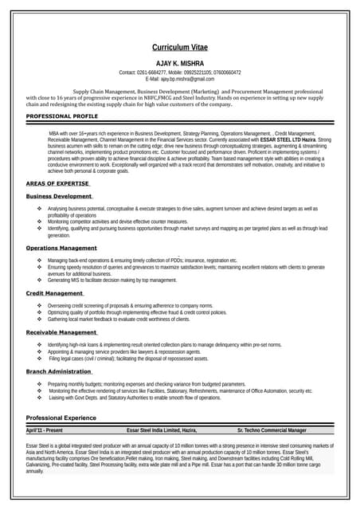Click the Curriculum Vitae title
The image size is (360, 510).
point(179,48)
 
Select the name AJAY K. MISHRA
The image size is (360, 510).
point(179,63)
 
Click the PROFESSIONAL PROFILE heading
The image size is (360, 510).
point(62,116)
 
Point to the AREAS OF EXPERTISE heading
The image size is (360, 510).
point(58,183)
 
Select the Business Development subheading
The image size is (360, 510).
point(59,196)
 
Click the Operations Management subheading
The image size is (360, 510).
point(61,249)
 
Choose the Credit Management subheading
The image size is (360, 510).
point(54,293)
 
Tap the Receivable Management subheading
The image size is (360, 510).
point(61,332)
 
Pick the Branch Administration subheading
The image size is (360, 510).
point(59,371)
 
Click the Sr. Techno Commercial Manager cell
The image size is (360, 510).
point(272,430)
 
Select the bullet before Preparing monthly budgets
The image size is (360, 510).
point(39,384)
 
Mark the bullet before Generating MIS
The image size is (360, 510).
point(39,280)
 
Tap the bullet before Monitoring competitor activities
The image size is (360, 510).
point(39,222)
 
